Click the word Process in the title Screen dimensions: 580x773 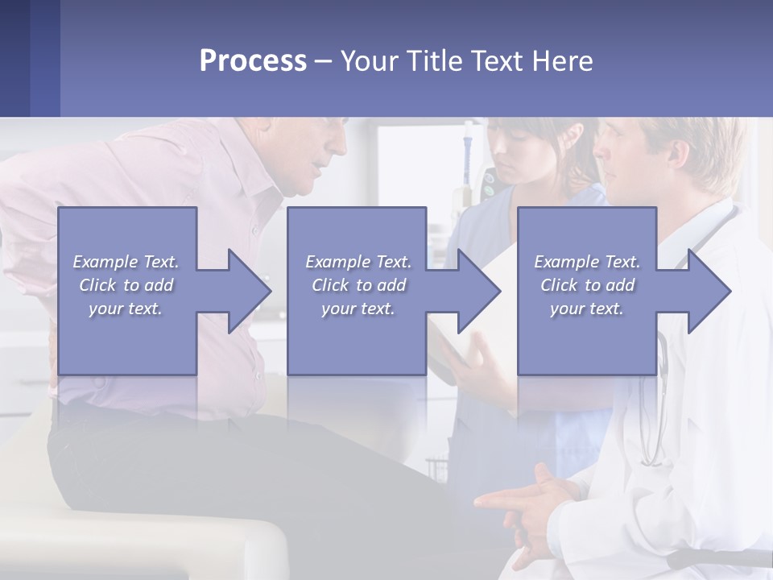click(x=253, y=61)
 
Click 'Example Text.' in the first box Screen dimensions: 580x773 click(x=126, y=262)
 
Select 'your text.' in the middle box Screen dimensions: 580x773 click(x=358, y=309)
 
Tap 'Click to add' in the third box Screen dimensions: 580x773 click(x=587, y=285)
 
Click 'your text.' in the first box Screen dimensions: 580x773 click(x=126, y=309)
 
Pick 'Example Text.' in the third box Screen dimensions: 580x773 click(x=587, y=262)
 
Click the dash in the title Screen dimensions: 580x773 click(x=323, y=61)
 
